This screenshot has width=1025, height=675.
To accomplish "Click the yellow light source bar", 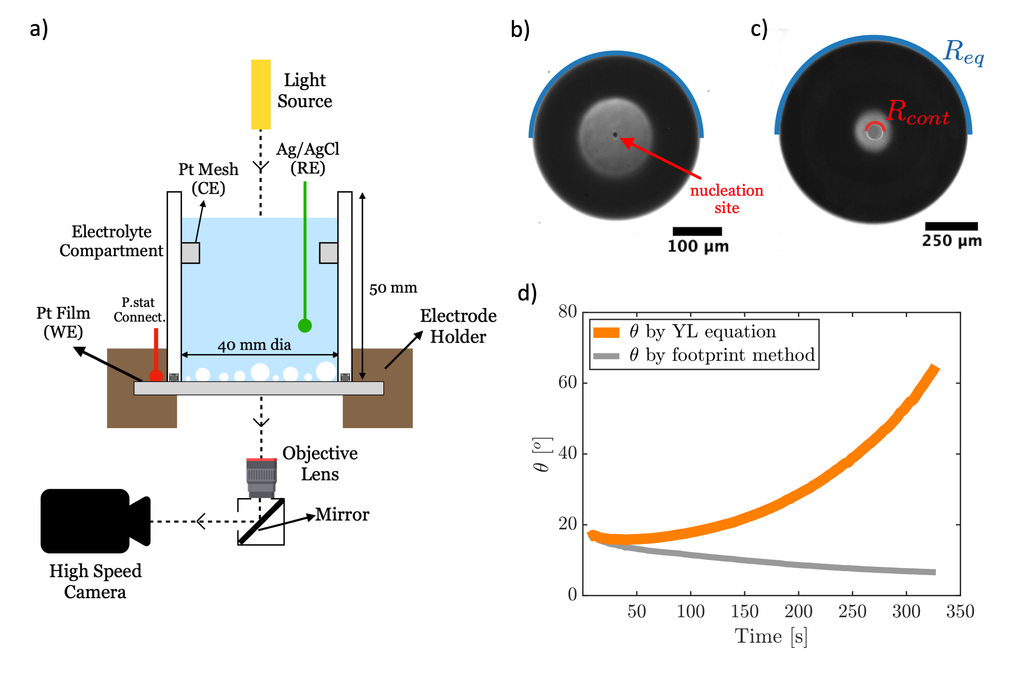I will tap(261, 94).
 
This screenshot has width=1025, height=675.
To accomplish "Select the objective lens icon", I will tap(261, 477).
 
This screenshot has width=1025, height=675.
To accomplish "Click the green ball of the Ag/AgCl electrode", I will tap(304, 326).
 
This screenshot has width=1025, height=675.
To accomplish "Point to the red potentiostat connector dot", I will tap(156, 376).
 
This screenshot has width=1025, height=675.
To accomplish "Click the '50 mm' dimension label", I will tap(393, 288).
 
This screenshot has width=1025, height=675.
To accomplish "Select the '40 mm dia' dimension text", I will tap(254, 345).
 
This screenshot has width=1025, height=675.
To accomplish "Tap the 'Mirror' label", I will tap(342, 514).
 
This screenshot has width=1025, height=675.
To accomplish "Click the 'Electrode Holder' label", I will tap(458, 326).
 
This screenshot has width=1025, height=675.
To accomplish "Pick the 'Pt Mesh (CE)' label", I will tap(208, 178).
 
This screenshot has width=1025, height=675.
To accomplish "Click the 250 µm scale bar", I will tap(951, 226).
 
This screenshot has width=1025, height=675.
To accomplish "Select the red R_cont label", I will tap(917, 113).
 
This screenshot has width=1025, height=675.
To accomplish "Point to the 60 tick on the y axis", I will tap(567, 382).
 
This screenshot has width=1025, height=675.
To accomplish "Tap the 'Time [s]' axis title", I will tap(771, 636).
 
